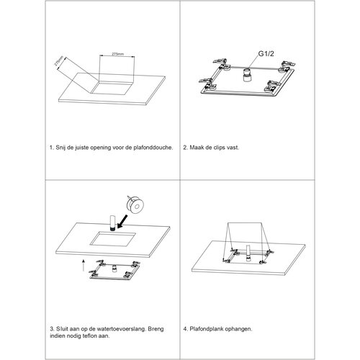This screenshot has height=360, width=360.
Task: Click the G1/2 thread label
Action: point(266,54)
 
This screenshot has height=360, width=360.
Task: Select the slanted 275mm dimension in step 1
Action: point(59,61)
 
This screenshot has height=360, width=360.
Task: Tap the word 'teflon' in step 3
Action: point(89,336)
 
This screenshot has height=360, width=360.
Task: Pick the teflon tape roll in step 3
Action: point(135,205)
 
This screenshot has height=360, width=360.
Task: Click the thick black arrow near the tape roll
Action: point(123,221)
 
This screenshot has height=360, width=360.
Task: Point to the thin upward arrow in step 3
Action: point(84,265)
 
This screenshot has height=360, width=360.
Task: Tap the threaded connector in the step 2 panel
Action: point(246,75)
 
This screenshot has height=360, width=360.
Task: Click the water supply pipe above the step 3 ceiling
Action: point(112,223)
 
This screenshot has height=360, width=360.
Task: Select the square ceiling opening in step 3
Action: point(113,239)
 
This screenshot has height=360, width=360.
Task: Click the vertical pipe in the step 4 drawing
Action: point(248,253)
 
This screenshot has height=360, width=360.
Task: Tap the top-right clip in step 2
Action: point(287,66)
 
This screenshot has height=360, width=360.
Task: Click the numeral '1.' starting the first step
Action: point(52,148)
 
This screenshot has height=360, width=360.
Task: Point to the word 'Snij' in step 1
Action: point(61,148)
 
